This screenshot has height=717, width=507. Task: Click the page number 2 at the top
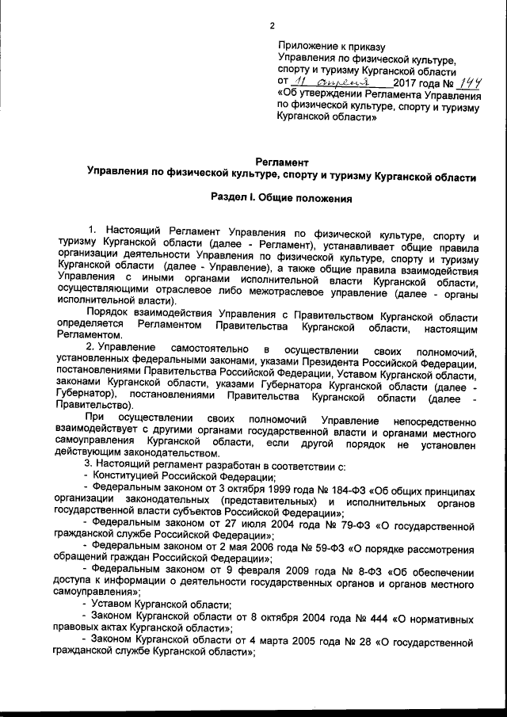click(272, 25)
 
